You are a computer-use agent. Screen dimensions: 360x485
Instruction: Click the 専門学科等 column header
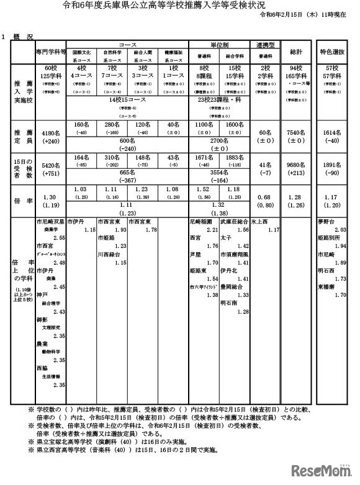(50, 52)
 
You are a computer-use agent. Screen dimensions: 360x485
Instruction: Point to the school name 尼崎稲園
(200, 220)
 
